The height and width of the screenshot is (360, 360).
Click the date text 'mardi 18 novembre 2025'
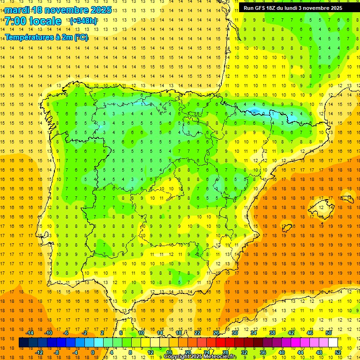point(58,10)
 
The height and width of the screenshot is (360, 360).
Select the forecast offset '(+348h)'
point(83,21)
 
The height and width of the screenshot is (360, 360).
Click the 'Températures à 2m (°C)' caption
point(46,37)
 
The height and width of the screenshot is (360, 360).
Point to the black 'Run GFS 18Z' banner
point(293,8)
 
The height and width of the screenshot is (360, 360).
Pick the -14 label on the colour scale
point(30,333)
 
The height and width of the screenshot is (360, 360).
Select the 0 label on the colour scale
point(92,352)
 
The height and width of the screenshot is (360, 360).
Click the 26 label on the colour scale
point(216,333)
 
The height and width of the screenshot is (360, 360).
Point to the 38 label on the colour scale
point(272,333)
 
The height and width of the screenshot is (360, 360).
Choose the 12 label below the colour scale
point(150,352)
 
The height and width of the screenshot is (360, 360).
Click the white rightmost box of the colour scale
point(333,343)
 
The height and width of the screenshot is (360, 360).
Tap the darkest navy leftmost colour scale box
point(23,343)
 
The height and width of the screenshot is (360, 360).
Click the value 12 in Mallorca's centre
point(322,208)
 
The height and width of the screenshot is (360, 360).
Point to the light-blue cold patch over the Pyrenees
point(255,112)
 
